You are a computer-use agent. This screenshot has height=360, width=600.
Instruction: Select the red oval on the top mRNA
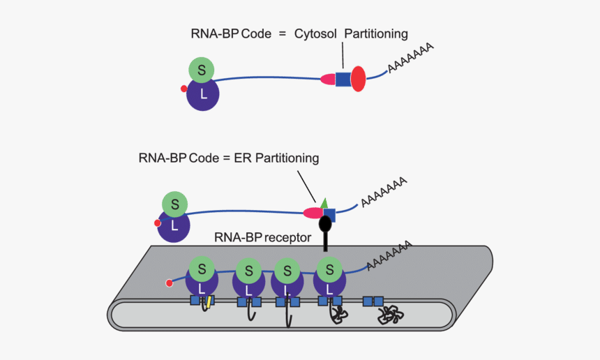click(x=358, y=79)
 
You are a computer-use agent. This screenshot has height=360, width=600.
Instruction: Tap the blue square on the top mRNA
click(x=343, y=80)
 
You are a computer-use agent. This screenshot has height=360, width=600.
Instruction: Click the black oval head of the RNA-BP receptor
click(x=325, y=225)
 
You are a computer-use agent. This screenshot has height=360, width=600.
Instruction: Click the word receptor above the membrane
click(x=288, y=237)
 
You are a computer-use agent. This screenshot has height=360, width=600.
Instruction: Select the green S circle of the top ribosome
click(x=202, y=69)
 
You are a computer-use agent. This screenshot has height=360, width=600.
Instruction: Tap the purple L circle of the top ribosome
click(x=203, y=94)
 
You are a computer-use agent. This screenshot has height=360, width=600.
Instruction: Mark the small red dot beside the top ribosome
click(x=183, y=89)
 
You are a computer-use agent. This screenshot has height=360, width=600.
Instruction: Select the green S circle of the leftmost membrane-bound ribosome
click(x=202, y=267)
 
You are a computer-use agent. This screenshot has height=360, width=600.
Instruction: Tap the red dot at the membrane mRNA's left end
click(x=169, y=283)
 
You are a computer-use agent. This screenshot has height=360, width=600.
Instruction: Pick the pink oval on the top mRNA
click(x=328, y=80)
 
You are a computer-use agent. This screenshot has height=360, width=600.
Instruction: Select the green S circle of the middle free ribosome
click(x=175, y=204)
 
